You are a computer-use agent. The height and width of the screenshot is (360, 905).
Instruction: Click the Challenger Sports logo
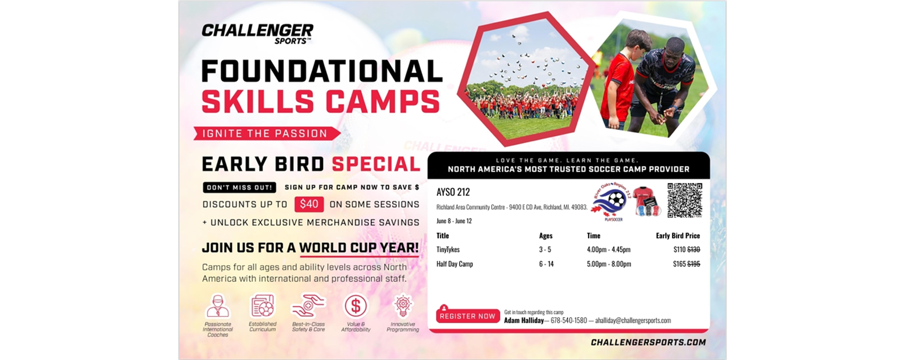[257, 33]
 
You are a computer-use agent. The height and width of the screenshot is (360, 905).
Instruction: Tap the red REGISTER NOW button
[467, 316]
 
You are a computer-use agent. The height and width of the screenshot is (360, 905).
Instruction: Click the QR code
[684, 200]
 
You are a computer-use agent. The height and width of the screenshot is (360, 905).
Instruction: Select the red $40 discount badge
[309, 204]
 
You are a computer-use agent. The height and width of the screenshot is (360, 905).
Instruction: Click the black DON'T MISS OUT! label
[239, 187]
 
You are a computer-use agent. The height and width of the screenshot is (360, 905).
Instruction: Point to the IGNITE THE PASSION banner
[265, 134]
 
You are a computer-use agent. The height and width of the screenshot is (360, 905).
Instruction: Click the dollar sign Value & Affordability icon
[355, 306]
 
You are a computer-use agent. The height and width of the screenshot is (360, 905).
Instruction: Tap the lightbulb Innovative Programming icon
[403, 306]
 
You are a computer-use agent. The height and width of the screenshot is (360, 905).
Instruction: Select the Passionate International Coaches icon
[217, 306]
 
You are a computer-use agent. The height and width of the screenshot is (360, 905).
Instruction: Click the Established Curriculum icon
[263, 306]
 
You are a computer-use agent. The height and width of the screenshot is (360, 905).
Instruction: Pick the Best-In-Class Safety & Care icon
[308, 306]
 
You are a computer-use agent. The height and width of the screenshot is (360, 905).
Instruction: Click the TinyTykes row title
[448, 249]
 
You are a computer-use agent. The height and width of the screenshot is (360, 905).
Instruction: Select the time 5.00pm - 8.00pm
[608, 264]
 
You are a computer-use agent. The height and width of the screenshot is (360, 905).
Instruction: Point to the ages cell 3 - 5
[545, 249]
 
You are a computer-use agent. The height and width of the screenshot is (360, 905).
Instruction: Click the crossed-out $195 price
[694, 264]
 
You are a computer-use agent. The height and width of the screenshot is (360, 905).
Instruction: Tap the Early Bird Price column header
[677, 235]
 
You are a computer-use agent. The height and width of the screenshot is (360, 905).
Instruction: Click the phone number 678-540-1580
[569, 320]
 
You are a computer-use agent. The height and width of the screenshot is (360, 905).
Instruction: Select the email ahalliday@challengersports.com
[633, 320]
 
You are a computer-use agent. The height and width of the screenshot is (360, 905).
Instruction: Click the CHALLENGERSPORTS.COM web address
[648, 343]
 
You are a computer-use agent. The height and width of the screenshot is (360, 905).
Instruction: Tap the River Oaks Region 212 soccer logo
[610, 203]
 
